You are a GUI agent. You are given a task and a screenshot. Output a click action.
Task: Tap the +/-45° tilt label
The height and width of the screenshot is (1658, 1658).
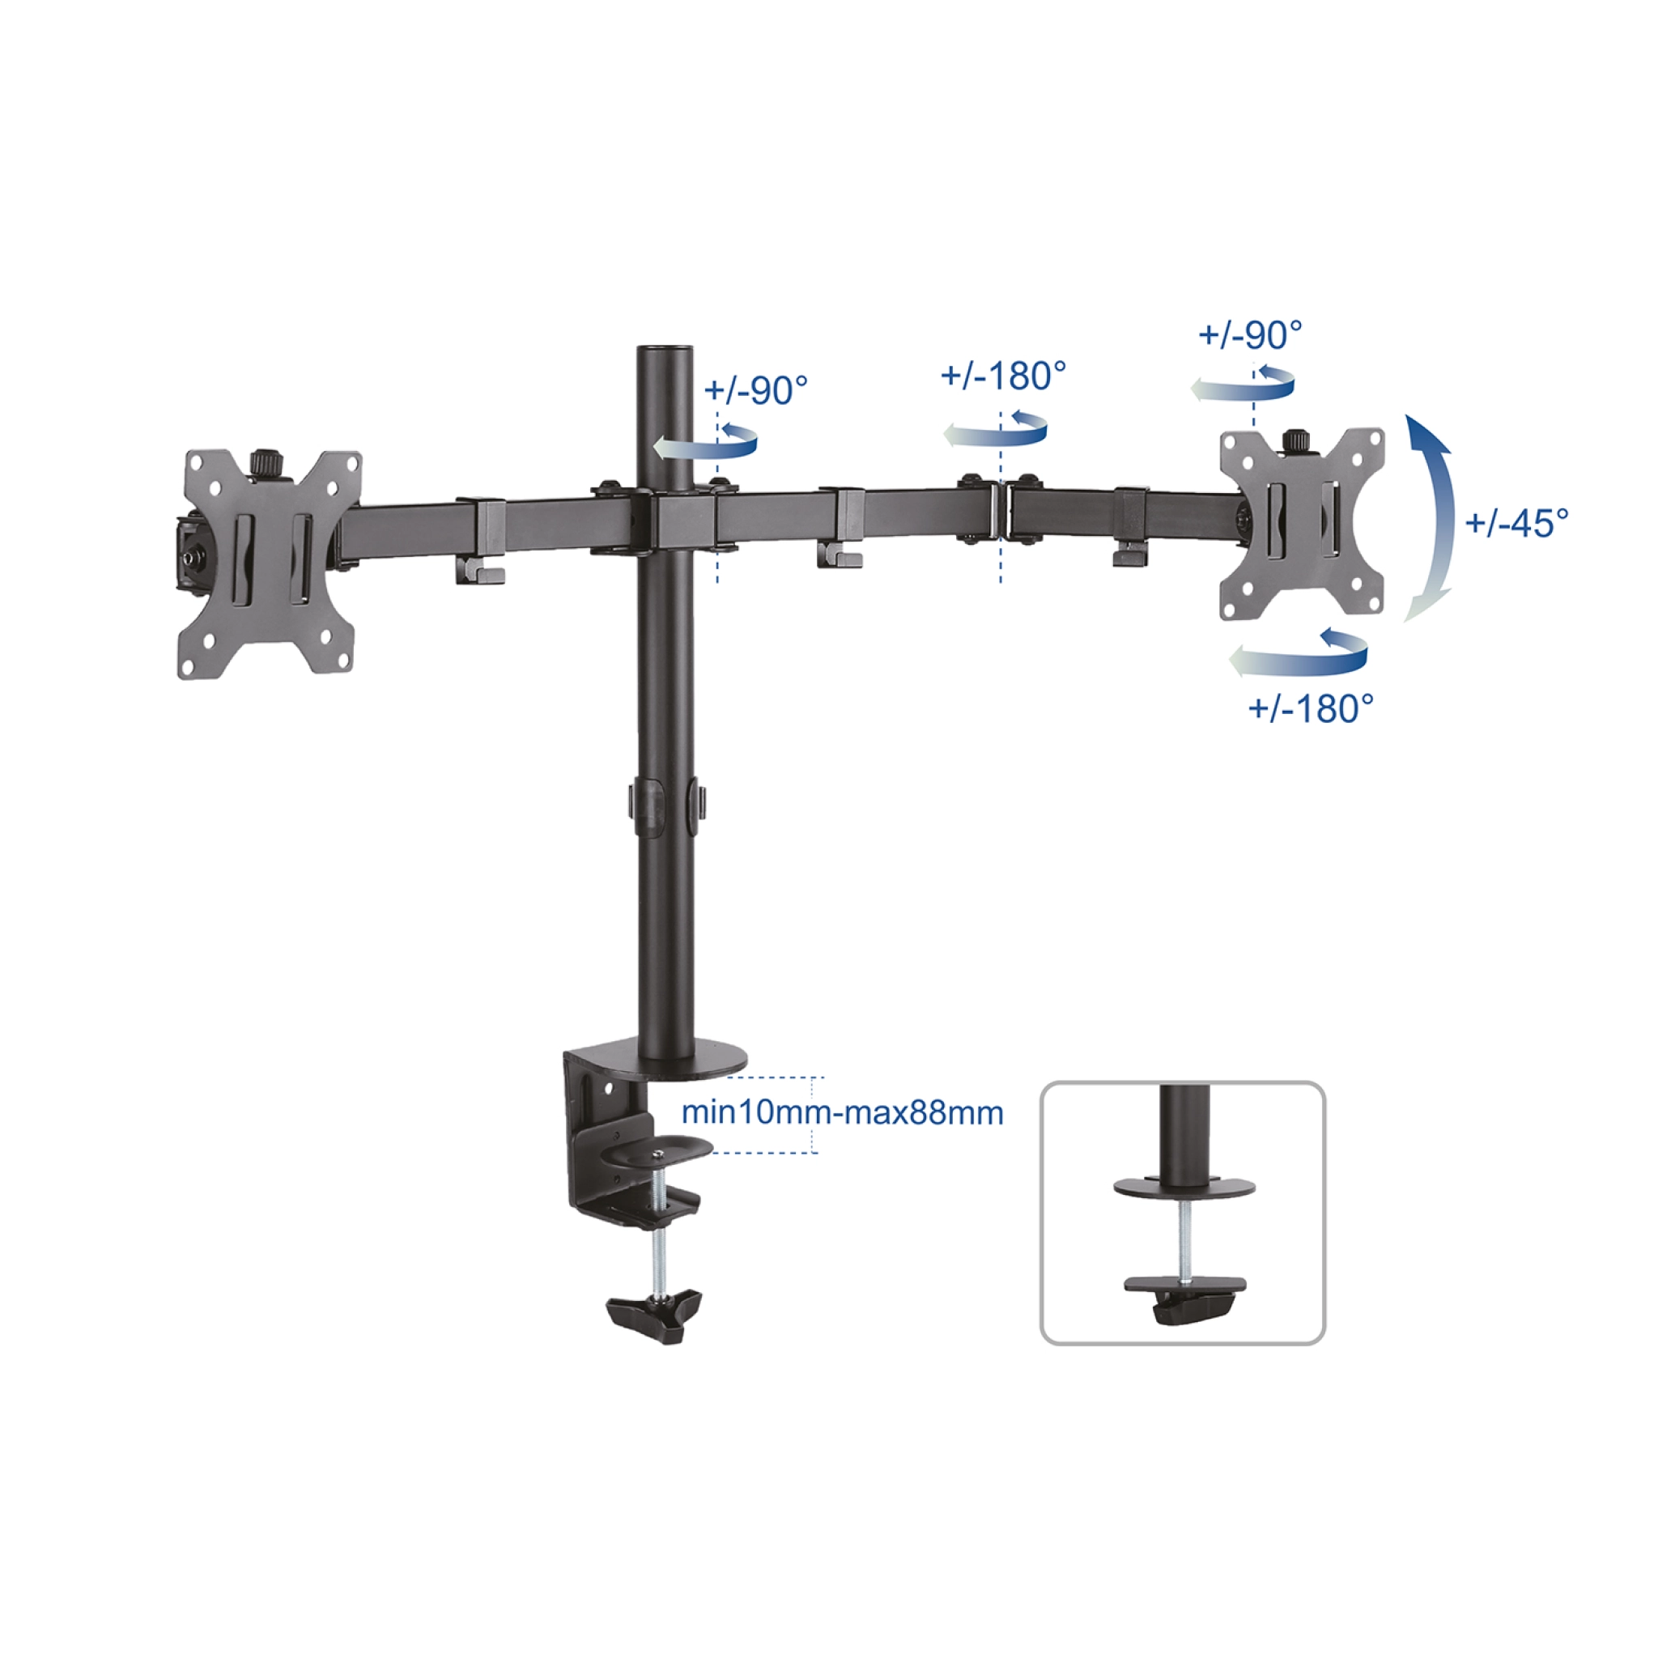point(1516,523)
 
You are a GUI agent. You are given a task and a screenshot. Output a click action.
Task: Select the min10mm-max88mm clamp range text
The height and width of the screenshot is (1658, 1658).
point(842,1113)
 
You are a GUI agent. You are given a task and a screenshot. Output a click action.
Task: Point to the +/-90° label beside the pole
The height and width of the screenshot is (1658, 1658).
point(755,390)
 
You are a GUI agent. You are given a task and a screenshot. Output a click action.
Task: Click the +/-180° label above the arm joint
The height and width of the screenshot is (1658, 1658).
point(1003,376)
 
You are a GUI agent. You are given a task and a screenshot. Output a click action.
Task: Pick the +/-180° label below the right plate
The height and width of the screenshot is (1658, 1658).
point(1311,709)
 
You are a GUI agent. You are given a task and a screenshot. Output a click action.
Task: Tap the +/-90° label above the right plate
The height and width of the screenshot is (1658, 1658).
point(1249,334)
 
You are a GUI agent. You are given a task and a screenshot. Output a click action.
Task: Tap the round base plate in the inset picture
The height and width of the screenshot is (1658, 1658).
point(1184,1188)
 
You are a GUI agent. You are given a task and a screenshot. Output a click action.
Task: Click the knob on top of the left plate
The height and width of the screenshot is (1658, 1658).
point(267,462)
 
